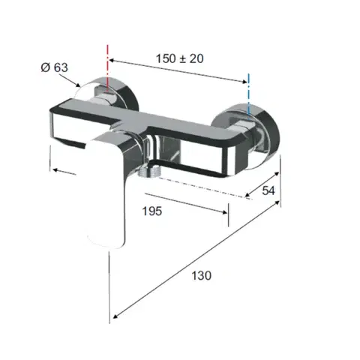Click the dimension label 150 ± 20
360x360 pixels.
[179, 58]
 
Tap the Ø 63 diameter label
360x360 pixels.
[55, 67]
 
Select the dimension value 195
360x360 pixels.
[152, 211]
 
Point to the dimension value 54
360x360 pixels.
[268, 190]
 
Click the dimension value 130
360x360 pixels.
[202, 276]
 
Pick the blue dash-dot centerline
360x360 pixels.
[248, 94]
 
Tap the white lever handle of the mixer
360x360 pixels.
[106, 193]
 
